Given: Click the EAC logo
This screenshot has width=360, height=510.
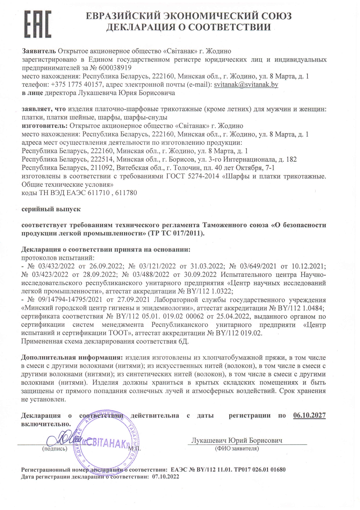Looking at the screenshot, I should click(x=37, y=24).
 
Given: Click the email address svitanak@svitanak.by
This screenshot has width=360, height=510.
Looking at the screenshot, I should click(x=246, y=85).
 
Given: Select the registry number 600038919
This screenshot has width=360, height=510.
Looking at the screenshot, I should click(x=115, y=68).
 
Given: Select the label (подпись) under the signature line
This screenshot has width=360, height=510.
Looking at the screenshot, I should click(x=55, y=448).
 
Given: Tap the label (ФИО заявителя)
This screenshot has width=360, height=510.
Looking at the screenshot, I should click(x=237, y=448).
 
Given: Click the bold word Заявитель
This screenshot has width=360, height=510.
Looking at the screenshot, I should click(x=39, y=51).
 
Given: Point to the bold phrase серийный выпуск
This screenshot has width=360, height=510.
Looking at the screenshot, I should click(x=51, y=209).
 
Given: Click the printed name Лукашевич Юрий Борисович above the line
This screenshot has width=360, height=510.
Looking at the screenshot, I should click(x=236, y=440).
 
